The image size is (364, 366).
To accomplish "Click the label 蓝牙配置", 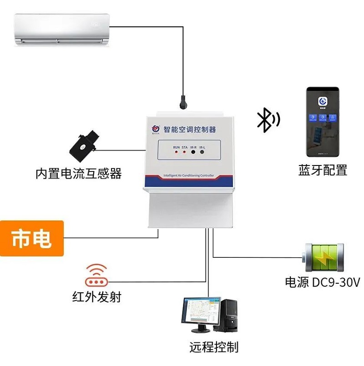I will click(x=323, y=170).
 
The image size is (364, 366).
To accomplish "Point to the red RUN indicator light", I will click(x=176, y=152).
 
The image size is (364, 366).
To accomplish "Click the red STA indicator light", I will click(x=184, y=152).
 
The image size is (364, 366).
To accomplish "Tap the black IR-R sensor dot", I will click(x=193, y=152).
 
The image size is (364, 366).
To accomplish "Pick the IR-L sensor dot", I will click(x=202, y=152).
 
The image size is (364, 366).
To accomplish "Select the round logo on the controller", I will click(x=155, y=129).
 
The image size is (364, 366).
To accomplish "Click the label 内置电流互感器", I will click(x=78, y=173).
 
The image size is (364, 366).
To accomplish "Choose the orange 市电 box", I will click(x=31, y=238).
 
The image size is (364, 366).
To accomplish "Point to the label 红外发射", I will click(x=96, y=297).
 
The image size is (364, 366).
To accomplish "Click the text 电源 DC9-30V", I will click(x=322, y=282).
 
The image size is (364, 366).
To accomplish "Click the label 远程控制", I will click(x=214, y=347).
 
